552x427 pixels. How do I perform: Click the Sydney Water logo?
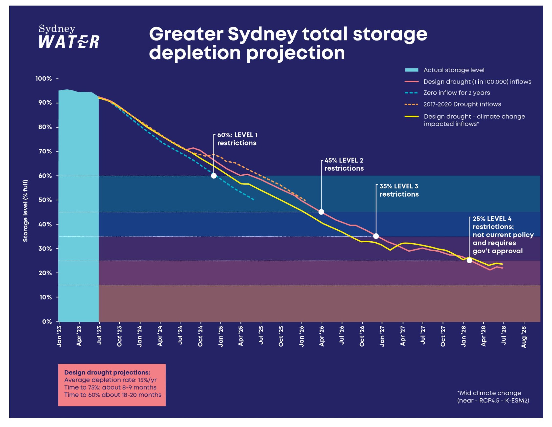[x=69, y=37]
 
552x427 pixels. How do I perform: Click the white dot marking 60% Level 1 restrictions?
[x=214, y=176]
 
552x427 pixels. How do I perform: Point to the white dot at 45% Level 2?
[x=321, y=212]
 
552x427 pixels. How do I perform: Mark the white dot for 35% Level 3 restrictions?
[x=376, y=236]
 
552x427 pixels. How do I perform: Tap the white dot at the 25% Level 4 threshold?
[x=469, y=260]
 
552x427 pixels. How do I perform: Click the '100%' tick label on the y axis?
[x=43, y=79]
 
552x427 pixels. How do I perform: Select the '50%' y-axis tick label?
[x=45, y=200]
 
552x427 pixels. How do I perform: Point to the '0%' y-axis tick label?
[x=47, y=321]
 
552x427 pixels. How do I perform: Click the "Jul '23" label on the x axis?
[x=99, y=336]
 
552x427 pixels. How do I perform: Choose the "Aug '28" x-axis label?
[x=524, y=337]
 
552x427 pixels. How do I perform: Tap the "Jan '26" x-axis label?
[x=301, y=336]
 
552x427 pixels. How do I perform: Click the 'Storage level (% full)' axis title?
[x=25, y=211]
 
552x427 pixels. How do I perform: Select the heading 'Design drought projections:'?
[x=107, y=372]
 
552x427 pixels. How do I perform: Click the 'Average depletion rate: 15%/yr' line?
[x=110, y=380]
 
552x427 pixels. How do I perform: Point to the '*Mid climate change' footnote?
[x=489, y=393]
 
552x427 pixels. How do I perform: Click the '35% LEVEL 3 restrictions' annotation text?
[x=399, y=190]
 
